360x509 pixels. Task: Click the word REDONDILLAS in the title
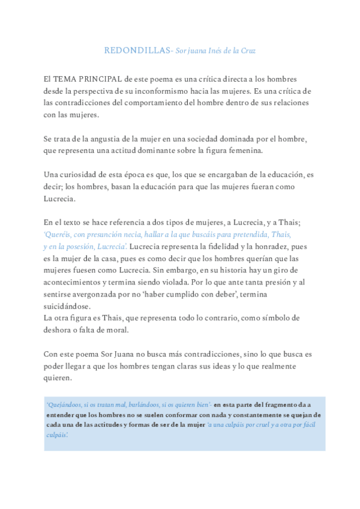click(x=137, y=50)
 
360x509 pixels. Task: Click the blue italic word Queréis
click(x=58, y=235)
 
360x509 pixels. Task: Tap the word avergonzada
click(x=100, y=294)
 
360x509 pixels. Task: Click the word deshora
click(x=58, y=330)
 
